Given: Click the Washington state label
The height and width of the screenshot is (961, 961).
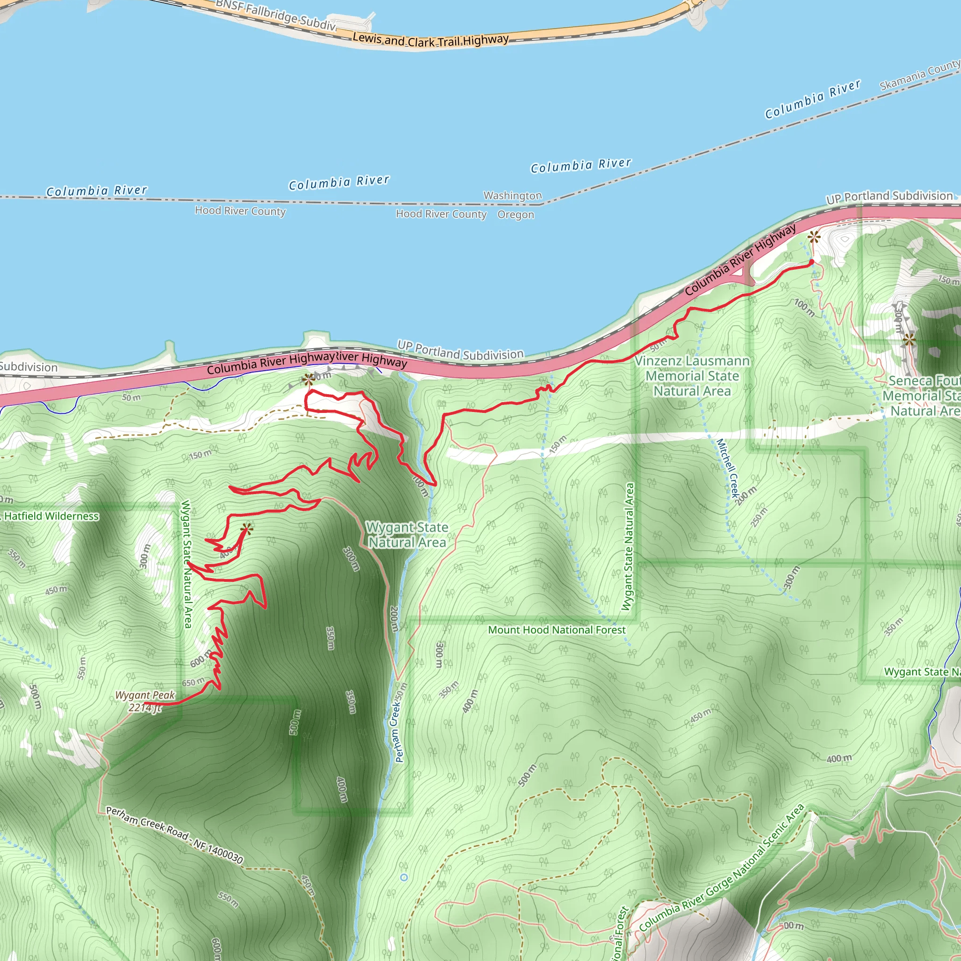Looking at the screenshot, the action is point(512,196).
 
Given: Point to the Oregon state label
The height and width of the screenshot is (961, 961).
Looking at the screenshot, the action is point(515,214).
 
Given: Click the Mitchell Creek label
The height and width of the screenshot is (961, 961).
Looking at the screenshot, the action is point(727,467).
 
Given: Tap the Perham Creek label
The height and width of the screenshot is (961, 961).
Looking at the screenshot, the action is point(399,727).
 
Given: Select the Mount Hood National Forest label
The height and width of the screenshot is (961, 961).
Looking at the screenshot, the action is point(556,630).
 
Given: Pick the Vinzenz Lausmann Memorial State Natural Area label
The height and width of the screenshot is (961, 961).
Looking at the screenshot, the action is point(692,375).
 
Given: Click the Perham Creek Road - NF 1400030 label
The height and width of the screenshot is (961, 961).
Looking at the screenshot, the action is point(175,835).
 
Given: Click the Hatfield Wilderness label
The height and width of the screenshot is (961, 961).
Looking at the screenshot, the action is point(51,516).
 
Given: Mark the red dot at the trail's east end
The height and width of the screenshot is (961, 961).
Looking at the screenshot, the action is point(811,262).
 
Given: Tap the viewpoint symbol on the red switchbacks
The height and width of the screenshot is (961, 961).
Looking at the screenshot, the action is point(247,528).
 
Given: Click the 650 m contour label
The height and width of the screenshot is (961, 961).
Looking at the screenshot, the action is point(193,681).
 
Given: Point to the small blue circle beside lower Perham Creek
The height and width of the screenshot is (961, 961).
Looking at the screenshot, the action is point(404,877).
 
